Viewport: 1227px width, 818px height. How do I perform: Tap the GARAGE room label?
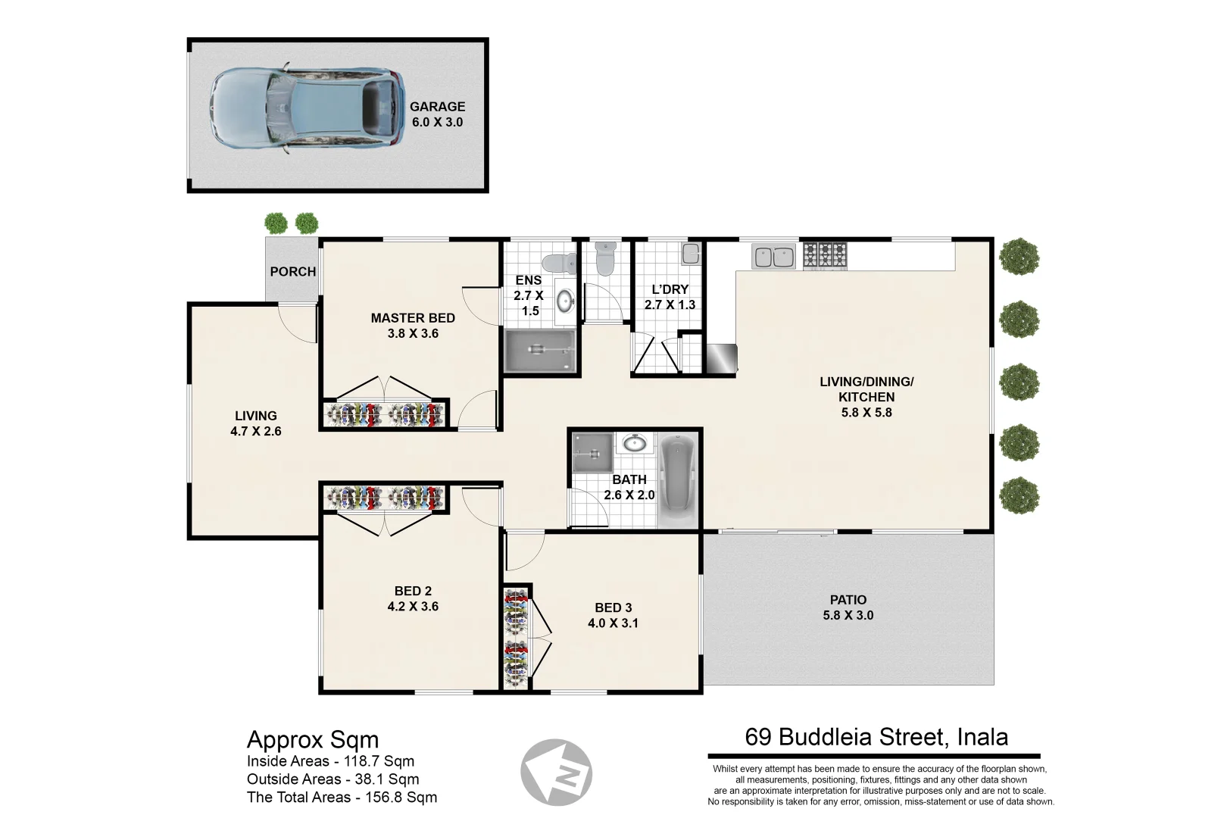pos(437,107)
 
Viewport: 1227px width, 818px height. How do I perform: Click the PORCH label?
pos(292,271)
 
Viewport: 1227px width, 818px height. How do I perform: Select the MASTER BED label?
pos(413,318)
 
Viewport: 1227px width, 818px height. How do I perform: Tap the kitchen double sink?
pos(773,256)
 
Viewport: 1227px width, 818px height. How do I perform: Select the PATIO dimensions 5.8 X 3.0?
pos(848,616)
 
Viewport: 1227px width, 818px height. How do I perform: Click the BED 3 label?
pos(613,607)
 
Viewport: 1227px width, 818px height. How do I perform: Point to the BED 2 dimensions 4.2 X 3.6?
pos(413,607)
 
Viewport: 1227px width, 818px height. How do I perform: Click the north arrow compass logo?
pos(557,773)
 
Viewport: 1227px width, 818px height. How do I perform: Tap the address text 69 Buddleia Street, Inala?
pos(876,737)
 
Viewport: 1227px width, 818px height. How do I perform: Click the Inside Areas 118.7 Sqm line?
pos(330,761)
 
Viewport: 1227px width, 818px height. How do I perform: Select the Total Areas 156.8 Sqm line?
pos(342,797)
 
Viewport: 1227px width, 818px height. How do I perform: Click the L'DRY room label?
pos(670,289)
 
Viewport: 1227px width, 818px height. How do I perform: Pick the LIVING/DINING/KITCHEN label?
pos(866,389)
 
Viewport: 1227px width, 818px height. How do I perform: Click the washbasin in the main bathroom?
pos(634,443)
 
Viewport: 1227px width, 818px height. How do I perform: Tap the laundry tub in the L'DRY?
pos(690,254)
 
